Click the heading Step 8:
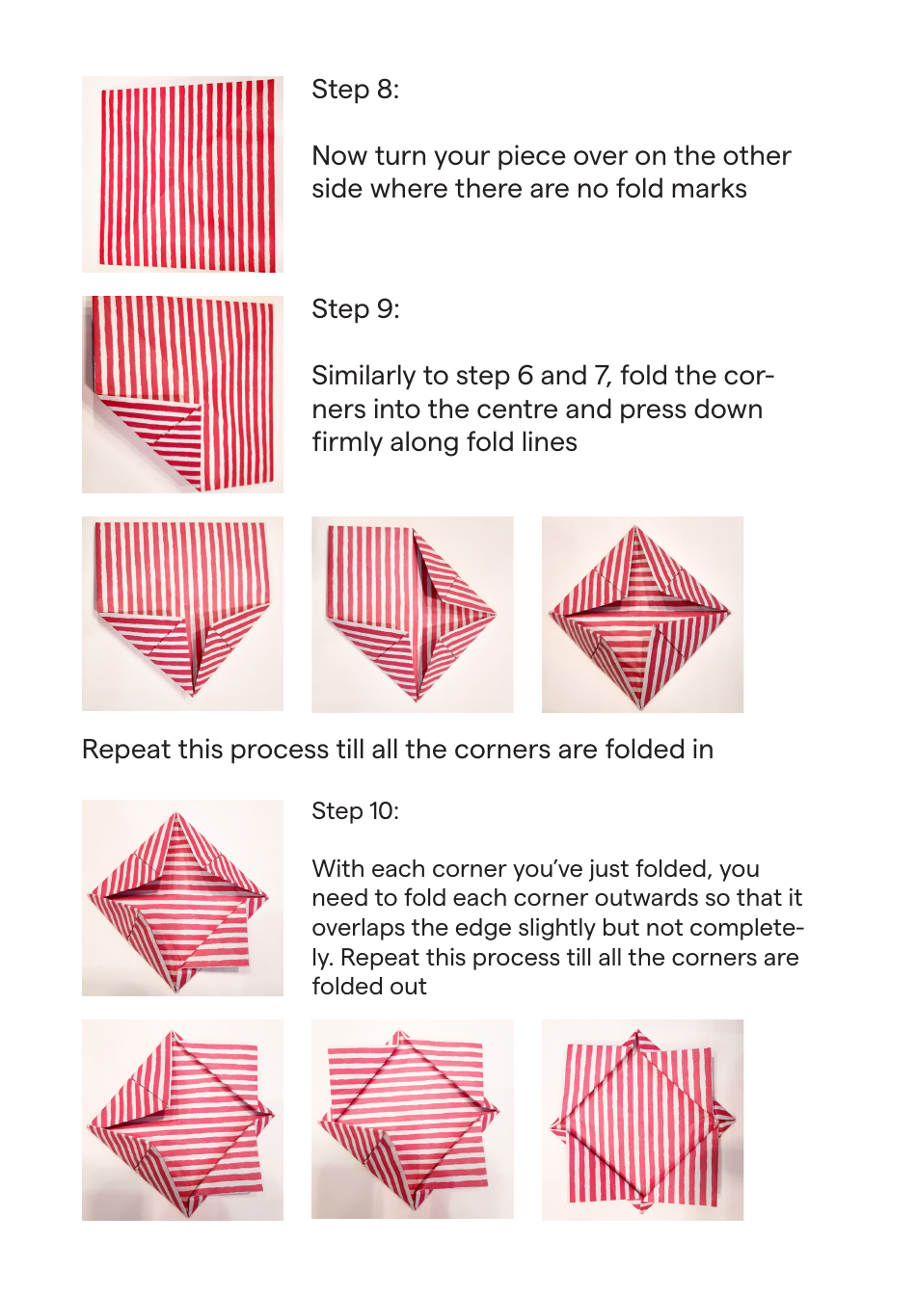tap(355, 90)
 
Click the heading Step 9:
tap(355, 309)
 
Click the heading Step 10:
tap(355, 811)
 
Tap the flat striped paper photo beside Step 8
tap(182, 174)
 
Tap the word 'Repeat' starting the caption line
tap(122, 750)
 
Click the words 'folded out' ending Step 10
tap(369, 987)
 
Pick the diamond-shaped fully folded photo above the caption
tap(642, 615)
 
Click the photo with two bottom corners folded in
tap(182, 615)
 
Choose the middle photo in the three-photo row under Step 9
tap(412, 615)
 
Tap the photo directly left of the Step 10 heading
tap(182, 898)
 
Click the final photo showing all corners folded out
tap(642, 1120)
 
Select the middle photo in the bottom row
tap(412, 1120)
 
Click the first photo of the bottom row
tap(182, 1120)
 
